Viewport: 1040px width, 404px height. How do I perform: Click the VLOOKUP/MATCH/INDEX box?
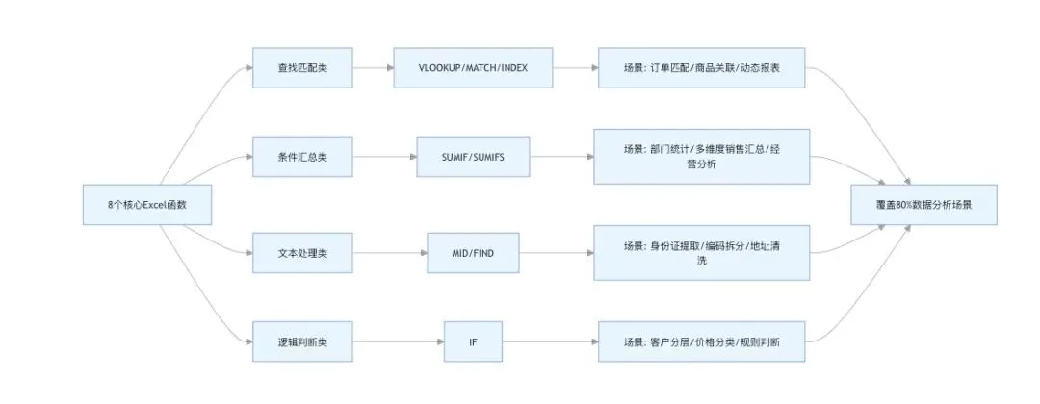tap(473, 69)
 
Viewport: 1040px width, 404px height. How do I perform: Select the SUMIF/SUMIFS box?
tap(473, 157)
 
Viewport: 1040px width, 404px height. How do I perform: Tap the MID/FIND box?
tap(473, 255)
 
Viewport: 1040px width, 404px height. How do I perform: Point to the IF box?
tap(473, 341)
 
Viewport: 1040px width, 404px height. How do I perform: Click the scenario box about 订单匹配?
tap(701, 69)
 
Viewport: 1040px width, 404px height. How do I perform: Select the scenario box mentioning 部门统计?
tap(701, 157)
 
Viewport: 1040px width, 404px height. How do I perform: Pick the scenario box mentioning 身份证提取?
tap(701, 253)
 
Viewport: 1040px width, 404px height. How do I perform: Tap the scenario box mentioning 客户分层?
tap(701, 341)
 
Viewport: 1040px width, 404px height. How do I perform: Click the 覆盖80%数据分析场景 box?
tap(923, 206)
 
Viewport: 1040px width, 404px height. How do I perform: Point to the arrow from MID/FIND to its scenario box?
tap(557, 255)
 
